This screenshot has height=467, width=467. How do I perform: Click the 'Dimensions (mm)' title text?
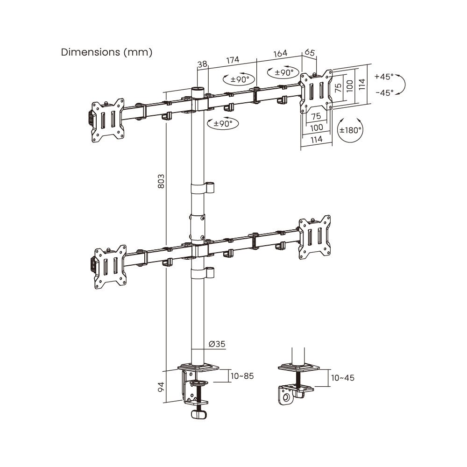tap(106, 52)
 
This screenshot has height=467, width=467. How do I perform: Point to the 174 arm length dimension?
tap(233, 60)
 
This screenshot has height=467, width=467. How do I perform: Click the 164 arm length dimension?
tap(280, 54)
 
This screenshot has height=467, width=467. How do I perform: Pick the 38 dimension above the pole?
tap(202, 64)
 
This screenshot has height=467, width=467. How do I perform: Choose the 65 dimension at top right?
tap(310, 53)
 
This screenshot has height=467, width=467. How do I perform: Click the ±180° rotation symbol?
tap(350, 130)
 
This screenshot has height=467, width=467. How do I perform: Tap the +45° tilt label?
tap(384, 77)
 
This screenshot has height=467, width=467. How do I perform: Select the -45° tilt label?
tap(384, 92)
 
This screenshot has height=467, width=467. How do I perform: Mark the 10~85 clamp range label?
tap(242, 375)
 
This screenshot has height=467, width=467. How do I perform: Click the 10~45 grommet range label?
tap(342, 377)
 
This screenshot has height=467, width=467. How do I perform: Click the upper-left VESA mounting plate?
tap(108, 120)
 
